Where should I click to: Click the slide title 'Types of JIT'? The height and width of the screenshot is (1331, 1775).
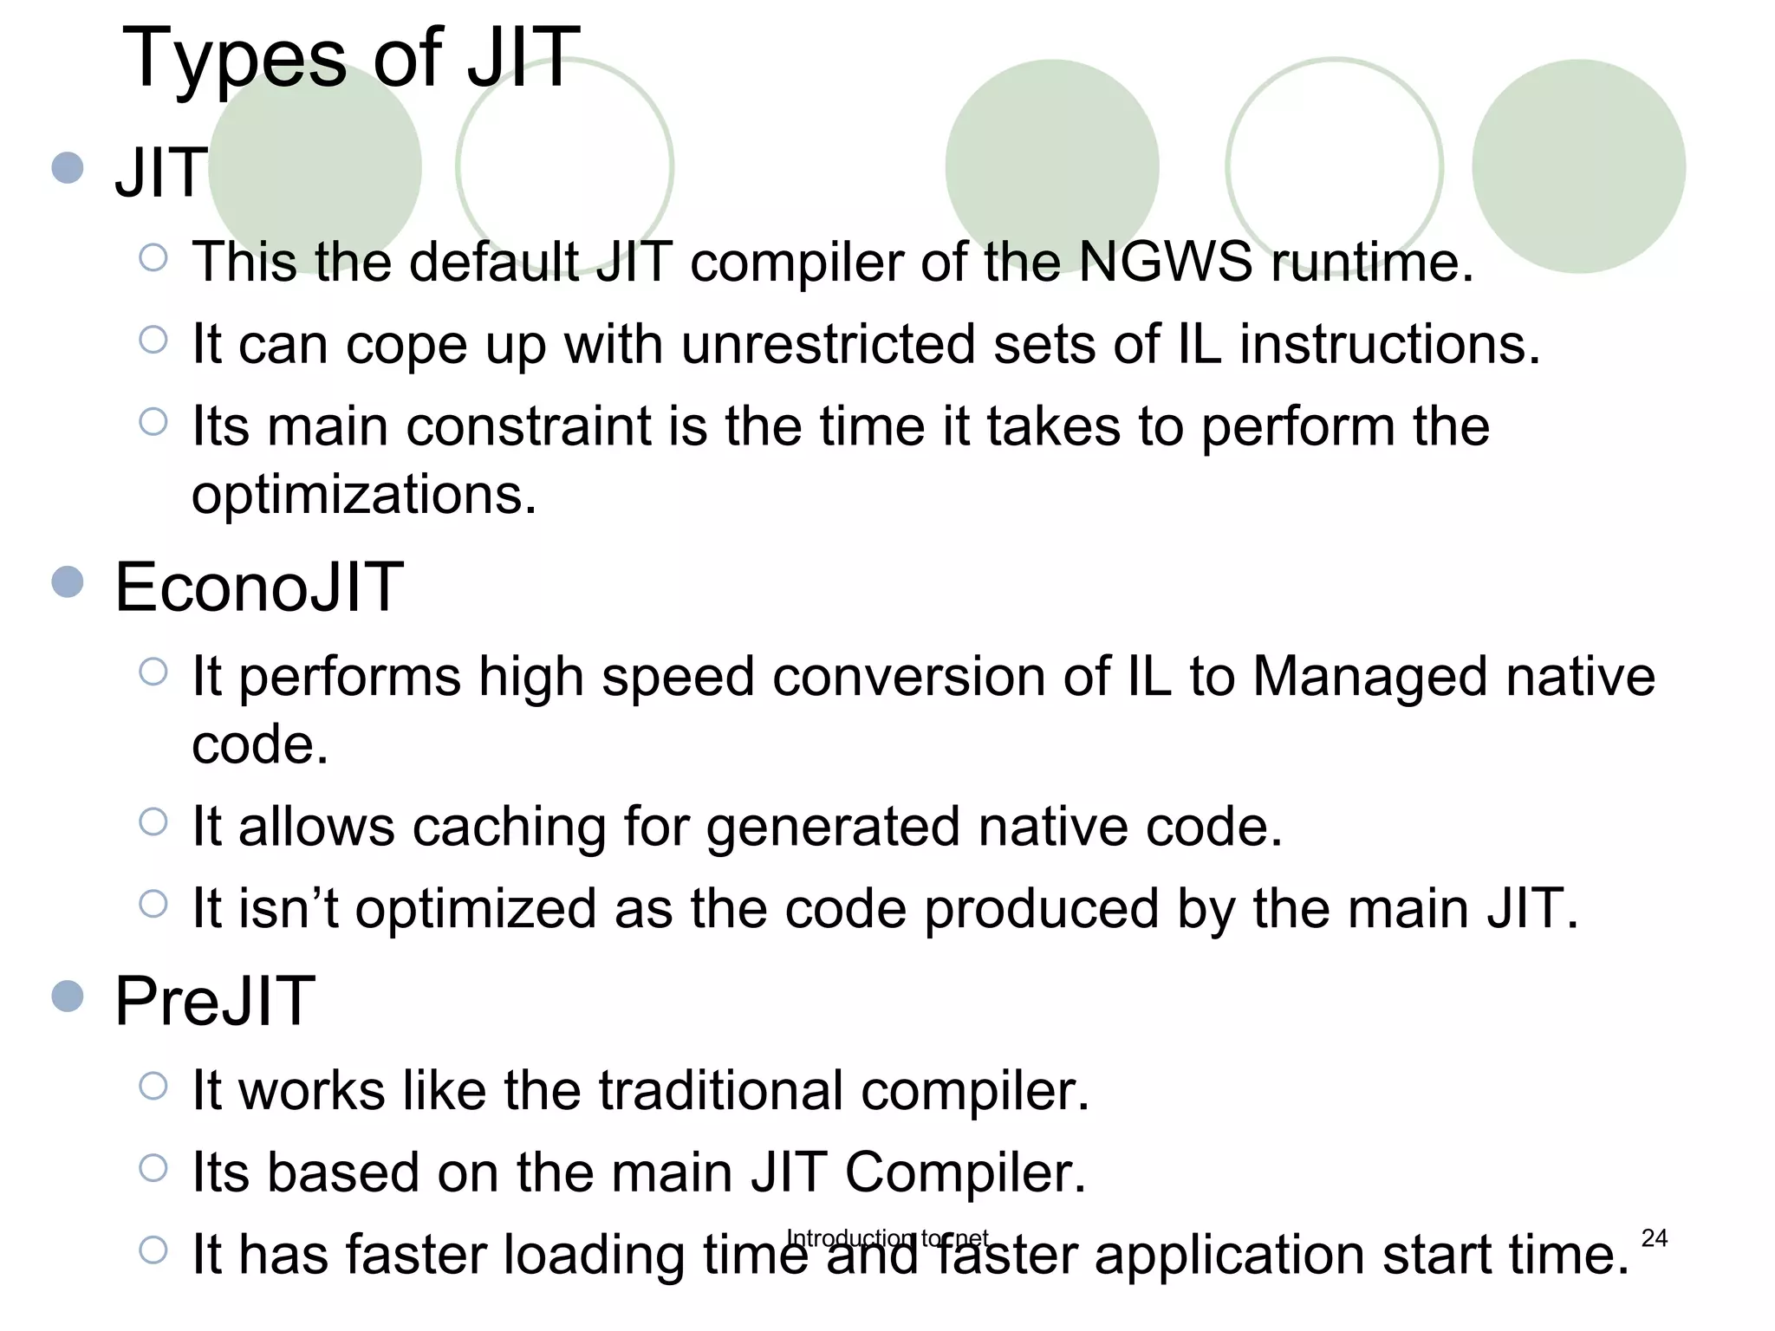[351, 59]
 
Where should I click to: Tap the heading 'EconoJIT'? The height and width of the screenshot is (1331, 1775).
[259, 588]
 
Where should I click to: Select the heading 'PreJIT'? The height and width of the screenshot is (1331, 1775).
[215, 1002]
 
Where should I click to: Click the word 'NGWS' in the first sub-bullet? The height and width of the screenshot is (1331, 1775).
[1165, 261]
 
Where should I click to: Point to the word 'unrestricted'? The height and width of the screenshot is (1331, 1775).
[828, 344]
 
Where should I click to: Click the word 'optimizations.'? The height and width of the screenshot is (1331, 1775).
[364, 495]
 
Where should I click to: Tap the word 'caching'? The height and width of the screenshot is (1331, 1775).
[508, 827]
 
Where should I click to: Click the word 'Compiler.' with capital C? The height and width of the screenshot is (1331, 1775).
[965, 1172]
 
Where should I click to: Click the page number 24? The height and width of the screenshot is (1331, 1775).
[1654, 1238]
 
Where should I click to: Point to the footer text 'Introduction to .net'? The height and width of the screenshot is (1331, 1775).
[887, 1237]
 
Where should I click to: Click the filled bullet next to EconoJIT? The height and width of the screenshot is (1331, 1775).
[68, 582]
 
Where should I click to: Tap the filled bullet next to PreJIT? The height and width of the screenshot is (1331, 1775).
[68, 997]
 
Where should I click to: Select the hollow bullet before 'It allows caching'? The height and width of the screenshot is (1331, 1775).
[153, 821]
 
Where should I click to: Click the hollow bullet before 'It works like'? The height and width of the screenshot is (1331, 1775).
[153, 1086]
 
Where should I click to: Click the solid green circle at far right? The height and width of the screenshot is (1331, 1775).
[1578, 166]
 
